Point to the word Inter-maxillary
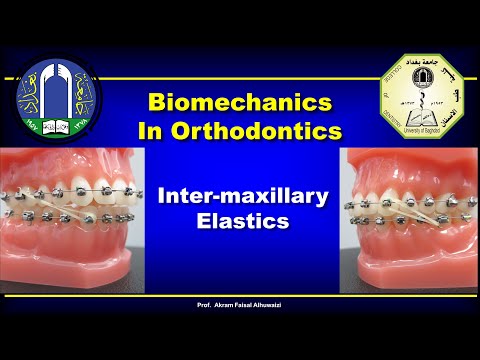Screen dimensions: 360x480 (x=243, y=198)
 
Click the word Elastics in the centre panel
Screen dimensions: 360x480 (x=243, y=223)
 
